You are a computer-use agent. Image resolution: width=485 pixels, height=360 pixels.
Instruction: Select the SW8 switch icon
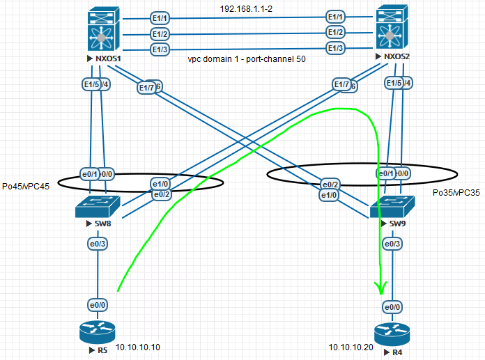(x=97, y=206)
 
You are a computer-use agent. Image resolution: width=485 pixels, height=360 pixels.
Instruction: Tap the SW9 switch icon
(x=392, y=206)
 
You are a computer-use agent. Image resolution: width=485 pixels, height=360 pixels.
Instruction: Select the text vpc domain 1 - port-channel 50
(x=247, y=60)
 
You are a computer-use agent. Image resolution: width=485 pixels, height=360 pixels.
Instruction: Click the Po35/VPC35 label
(x=456, y=192)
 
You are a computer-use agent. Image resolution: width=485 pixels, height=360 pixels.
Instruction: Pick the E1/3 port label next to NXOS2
(x=336, y=47)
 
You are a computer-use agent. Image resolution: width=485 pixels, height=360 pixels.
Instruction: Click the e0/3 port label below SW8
(x=97, y=244)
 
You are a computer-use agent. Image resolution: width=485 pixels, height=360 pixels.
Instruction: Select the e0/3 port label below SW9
(x=392, y=244)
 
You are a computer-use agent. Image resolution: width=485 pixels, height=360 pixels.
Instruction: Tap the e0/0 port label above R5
(x=97, y=304)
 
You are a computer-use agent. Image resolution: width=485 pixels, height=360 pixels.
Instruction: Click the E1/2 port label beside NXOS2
(x=336, y=32)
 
